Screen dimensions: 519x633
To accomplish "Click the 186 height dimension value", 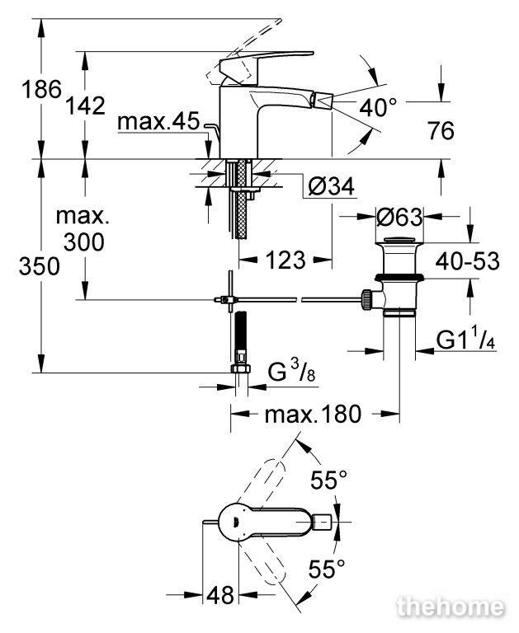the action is coord(41,89).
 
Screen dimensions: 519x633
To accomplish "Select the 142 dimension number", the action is coord(85,105).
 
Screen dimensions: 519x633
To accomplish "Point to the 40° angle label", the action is coord(379,107).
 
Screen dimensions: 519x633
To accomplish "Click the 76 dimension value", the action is coord(441,130).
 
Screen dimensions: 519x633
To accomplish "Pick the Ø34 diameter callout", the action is coord(331,186).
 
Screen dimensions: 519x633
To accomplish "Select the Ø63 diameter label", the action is coord(399,217).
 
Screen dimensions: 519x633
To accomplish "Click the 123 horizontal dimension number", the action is coord(285,260).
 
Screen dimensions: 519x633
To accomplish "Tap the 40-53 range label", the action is coord(467,261).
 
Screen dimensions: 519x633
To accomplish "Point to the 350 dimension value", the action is coord(40,266).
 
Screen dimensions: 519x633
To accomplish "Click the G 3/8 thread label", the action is coord(291,372).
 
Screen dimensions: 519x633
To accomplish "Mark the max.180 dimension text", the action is coord(313,415).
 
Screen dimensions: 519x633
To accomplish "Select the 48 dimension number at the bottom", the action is coord(220,594).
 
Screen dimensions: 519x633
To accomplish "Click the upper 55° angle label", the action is coord(328,480).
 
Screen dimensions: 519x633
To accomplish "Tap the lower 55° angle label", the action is coord(327,569).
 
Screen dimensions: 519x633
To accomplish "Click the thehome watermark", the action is coord(451,607).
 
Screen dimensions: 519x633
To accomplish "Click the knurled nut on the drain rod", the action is coord(366,299).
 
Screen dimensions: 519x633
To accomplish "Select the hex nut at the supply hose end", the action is coord(241,368).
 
